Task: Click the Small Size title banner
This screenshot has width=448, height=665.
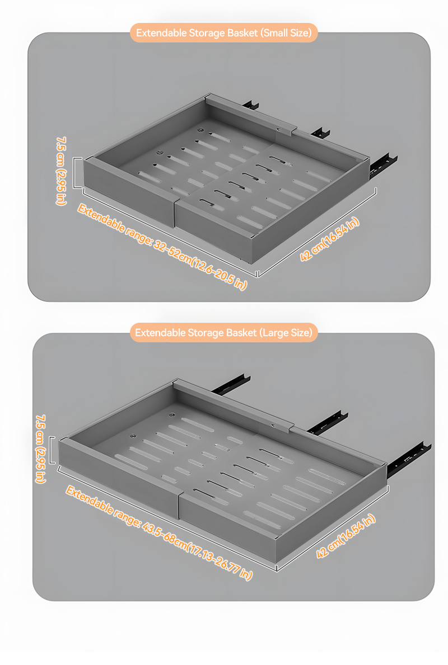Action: [x=224, y=32]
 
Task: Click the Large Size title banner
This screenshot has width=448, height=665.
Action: [x=224, y=332]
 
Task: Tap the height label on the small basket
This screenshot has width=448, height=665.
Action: [x=62, y=171]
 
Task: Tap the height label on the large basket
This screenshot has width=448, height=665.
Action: [x=41, y=449]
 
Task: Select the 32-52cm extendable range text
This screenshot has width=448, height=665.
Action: [x=162, y=247]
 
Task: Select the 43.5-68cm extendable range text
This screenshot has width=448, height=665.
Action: [x=159, y=533]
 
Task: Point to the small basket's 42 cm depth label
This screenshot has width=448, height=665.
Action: [x=330, y=239]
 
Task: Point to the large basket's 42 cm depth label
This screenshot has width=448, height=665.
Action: [x=346, y=536]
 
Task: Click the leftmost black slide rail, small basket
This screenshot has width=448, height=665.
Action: [x=251, y=105]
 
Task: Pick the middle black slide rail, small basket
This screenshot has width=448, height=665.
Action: [x=320, y=132]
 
